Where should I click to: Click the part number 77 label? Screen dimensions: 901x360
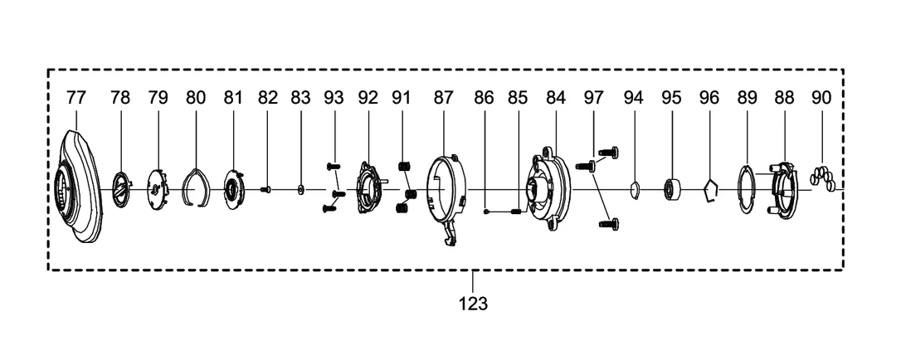click(75, 98)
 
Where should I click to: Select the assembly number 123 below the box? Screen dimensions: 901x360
click(473, 303)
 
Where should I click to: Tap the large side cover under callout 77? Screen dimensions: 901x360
click(80, 186)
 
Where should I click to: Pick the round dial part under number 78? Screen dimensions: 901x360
click(122, 189)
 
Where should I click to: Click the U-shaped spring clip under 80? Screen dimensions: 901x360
click(195, 188)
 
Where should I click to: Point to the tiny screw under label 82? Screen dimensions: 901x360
click(265, 189)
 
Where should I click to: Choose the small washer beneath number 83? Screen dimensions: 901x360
click(300, 189)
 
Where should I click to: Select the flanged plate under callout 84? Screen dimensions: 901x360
click(548, 188)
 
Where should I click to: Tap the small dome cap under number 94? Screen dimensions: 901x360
click(635, 190)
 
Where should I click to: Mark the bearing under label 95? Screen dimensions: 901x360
click(672, 189)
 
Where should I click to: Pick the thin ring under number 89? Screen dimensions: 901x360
click(745, 189)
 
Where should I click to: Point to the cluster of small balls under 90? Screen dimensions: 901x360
click(822, 178)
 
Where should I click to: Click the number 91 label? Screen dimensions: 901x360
click(401, 98)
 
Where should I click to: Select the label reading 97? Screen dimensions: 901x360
click(593, 98)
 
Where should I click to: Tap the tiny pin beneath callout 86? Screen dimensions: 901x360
click(487, 212)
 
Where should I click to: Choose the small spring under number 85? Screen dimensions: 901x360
click(515, 212)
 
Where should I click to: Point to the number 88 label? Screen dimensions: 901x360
click(784, 98)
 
